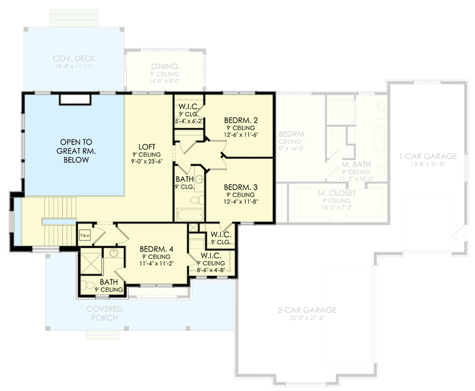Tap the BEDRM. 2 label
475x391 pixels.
coord(241,119)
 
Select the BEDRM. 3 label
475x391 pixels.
coord(240,187)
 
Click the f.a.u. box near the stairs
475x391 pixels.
coord(85,235)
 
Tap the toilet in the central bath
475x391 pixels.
coord(196,199)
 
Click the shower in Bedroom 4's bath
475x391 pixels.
coord(91,261)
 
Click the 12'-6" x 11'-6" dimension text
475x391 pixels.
coord(241,134)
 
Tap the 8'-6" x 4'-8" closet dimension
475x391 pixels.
coord(210,270)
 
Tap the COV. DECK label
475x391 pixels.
coord(73,58)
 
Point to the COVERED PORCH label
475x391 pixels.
coord(102,313)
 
